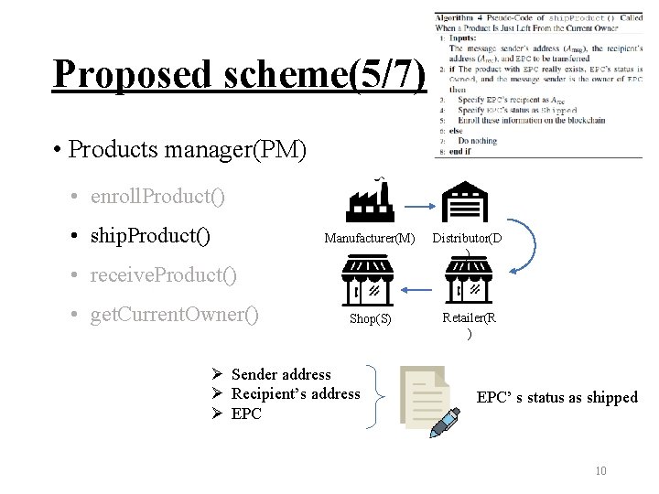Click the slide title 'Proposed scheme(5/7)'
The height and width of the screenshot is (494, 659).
(x=239, y=74)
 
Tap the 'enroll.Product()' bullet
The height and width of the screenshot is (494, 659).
(x=157, y=197)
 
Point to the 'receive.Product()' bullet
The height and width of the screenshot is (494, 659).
(x=163, y=274)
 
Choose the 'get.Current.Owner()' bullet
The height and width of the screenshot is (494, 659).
(x=174, y=316)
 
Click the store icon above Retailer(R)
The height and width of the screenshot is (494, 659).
(x=468, y=279)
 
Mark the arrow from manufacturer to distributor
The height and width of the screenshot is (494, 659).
(x=417, y=205)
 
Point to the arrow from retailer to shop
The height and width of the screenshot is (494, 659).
(x=418, y=288)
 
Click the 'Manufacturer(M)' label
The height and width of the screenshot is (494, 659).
(x=369, y=239)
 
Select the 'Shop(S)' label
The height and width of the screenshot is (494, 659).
(x=370, y=318)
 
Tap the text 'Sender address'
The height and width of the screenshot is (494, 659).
(x=281, y=374)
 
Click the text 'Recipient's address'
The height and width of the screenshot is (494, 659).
(x=296, y=393)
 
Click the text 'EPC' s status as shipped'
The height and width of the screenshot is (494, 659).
(x=556, y=397)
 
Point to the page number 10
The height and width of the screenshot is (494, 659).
(x=600, y=471)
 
